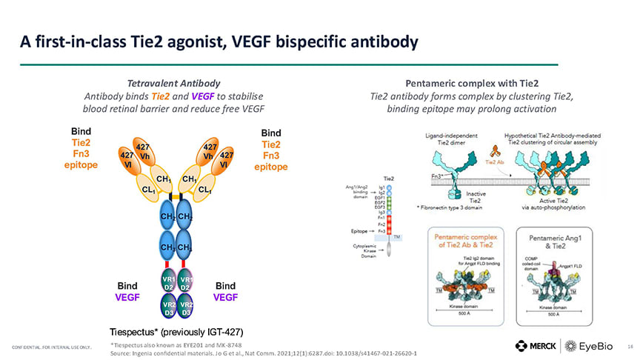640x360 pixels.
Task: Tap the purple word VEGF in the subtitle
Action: [201, 96]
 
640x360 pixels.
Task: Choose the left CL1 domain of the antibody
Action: [147, 190]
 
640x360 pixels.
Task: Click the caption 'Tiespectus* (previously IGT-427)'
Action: [176, 330]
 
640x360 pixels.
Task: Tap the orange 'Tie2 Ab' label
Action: [495, 161]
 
